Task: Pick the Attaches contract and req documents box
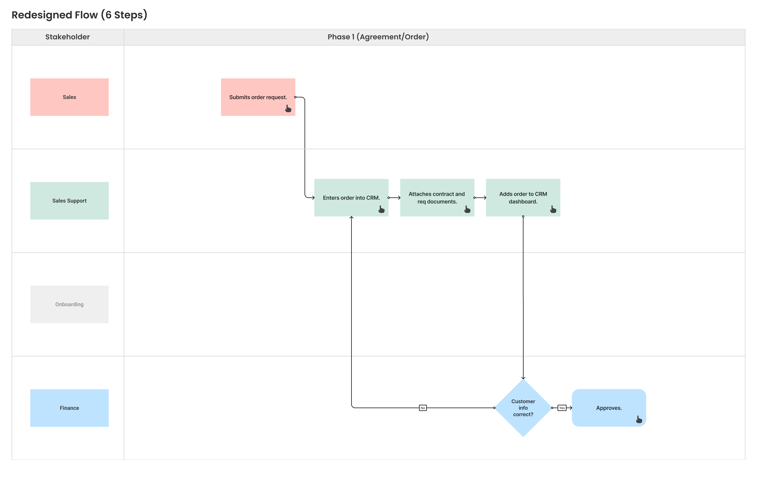click(437, 198)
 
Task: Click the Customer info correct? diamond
click(523, 408)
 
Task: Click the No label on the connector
click(423, 408)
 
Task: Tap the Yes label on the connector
click(562, 408)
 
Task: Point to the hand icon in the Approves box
click(639, 419)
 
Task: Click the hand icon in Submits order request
click(288, 109)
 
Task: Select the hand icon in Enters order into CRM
click(381, 209)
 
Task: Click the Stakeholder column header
click(68, 37)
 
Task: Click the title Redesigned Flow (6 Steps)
click(80, 15)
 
